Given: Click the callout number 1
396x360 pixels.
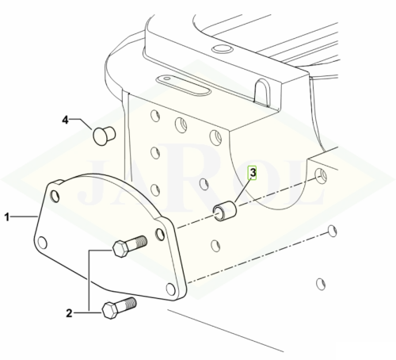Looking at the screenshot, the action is click(6, 217).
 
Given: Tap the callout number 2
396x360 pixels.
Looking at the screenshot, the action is click(69, 313).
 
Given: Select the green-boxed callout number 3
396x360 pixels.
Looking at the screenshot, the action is click(253, 173).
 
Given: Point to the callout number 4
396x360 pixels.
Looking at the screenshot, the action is click(65, 120).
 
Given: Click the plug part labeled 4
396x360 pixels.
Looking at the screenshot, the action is click(104, 136).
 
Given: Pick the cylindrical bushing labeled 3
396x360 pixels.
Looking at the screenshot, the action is click(224, 211).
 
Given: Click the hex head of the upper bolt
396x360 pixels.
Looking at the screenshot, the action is click(121, 249).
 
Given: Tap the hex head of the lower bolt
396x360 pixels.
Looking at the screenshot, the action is click(110, 311).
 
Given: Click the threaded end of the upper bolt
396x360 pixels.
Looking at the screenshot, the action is click(139, 241).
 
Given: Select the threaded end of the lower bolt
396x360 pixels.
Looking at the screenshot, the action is click(128, 304).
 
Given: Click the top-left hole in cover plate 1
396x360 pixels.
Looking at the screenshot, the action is click(55, 196).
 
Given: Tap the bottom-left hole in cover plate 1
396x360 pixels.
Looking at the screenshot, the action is click(43, 243).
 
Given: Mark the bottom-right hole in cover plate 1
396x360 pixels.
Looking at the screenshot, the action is click(171, 289).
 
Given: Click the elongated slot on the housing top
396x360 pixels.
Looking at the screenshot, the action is click(184, 86).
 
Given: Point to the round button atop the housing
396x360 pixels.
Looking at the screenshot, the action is click(222, 48).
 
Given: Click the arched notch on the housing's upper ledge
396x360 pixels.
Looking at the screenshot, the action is click(262, 92).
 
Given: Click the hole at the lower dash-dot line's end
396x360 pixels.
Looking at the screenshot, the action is click(333, 231).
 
